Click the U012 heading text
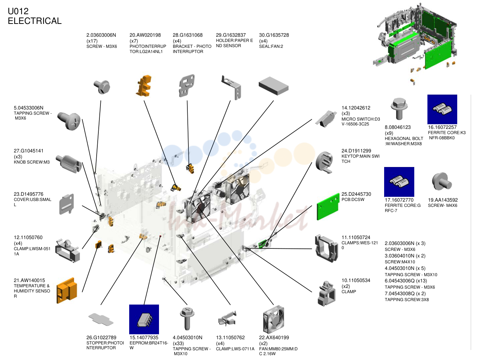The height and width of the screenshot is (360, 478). point(18,11)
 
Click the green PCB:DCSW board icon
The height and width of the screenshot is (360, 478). point(328,207)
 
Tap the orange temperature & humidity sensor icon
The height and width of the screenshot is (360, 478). point(67,290)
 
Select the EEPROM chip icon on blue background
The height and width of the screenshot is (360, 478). point(144,319)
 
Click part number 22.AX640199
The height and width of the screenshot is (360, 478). point(274,337)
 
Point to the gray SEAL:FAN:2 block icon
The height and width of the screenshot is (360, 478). point(274,86)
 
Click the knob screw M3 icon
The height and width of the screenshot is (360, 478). point(69,164)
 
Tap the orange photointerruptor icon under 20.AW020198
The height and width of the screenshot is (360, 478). point(144,86)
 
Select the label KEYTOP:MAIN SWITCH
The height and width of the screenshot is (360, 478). point(361,159)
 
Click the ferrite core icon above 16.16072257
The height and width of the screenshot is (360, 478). point(442,109)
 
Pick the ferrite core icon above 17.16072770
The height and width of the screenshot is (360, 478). point(399,182)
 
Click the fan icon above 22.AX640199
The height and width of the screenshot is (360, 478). point(274,319)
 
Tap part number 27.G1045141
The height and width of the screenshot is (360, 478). point(28,151)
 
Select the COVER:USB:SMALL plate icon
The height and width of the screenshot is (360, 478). point(67,204)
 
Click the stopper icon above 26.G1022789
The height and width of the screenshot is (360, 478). point(101,319)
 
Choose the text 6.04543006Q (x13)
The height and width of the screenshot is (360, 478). point(406,281)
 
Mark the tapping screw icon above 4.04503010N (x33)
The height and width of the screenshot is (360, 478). point(187,319)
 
